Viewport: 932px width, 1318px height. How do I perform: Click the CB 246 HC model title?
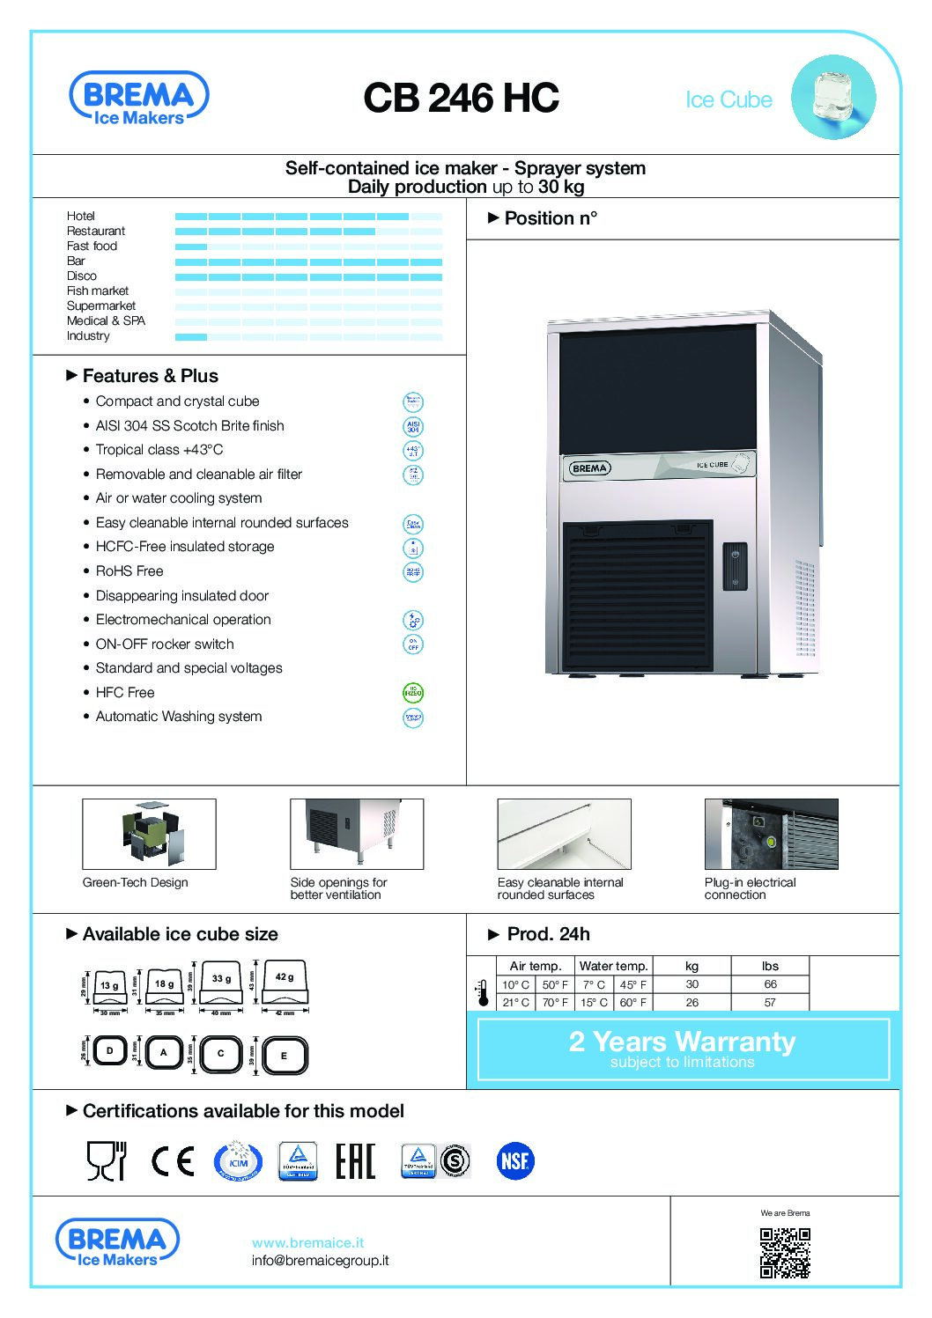coord(461,98)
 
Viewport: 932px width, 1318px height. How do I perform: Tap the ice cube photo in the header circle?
coord(832,96)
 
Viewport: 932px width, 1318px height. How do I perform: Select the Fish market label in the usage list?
coord(98,291)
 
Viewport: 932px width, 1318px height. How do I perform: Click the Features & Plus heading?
coord(150,376)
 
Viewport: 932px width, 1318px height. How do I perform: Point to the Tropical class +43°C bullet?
coord(159,450)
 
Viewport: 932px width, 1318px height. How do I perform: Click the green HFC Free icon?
coord(412,693)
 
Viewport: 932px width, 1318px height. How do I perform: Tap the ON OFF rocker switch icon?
coord(412,644)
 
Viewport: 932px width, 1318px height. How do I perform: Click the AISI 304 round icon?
coord(412,427)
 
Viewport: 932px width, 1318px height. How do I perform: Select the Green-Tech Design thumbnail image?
coord(149,834)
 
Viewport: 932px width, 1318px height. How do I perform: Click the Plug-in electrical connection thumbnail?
coord(771,834)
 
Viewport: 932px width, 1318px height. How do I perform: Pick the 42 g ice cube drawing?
coord(285,983)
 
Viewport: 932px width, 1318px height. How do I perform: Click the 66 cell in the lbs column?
coord(770,984)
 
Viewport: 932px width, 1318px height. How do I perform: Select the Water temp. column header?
coord(613,966)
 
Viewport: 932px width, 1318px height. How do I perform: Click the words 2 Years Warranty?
coord(682,1042)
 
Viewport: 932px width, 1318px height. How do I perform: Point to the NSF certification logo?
coord(514,1161)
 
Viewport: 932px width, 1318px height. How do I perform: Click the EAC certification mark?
coord(355,1161)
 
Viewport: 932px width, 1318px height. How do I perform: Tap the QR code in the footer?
coord(785,1253)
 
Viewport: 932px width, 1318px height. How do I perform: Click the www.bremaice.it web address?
coord(307,1243)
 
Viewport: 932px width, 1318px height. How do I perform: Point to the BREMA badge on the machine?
coord(589,468)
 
